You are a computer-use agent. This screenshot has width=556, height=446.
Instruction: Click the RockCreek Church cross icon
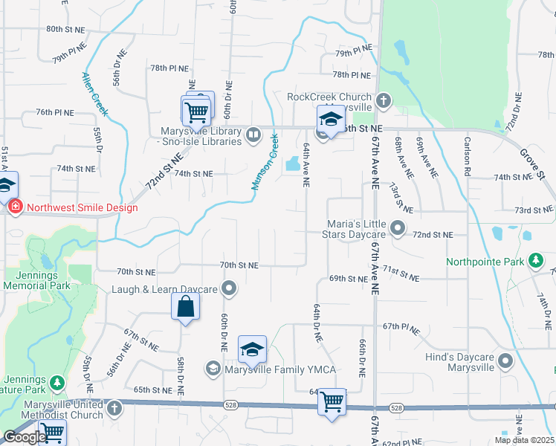(384, 100)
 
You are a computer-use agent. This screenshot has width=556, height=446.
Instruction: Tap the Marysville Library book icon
(253, 135)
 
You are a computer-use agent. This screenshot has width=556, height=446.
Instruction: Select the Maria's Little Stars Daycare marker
(398, 229)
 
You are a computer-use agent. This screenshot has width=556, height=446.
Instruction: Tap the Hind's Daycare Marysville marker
(506, 362)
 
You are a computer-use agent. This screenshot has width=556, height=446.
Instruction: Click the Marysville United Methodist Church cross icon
(114, 408)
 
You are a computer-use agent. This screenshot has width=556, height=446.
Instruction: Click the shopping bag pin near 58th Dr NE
(185, 307)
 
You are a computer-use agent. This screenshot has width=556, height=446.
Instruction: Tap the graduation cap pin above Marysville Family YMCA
(252, 349)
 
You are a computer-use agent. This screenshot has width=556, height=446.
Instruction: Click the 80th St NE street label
(66, 29)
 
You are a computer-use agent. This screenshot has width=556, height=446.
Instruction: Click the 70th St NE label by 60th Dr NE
(239, 265)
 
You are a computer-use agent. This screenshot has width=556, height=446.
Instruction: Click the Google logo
(25, 437)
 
